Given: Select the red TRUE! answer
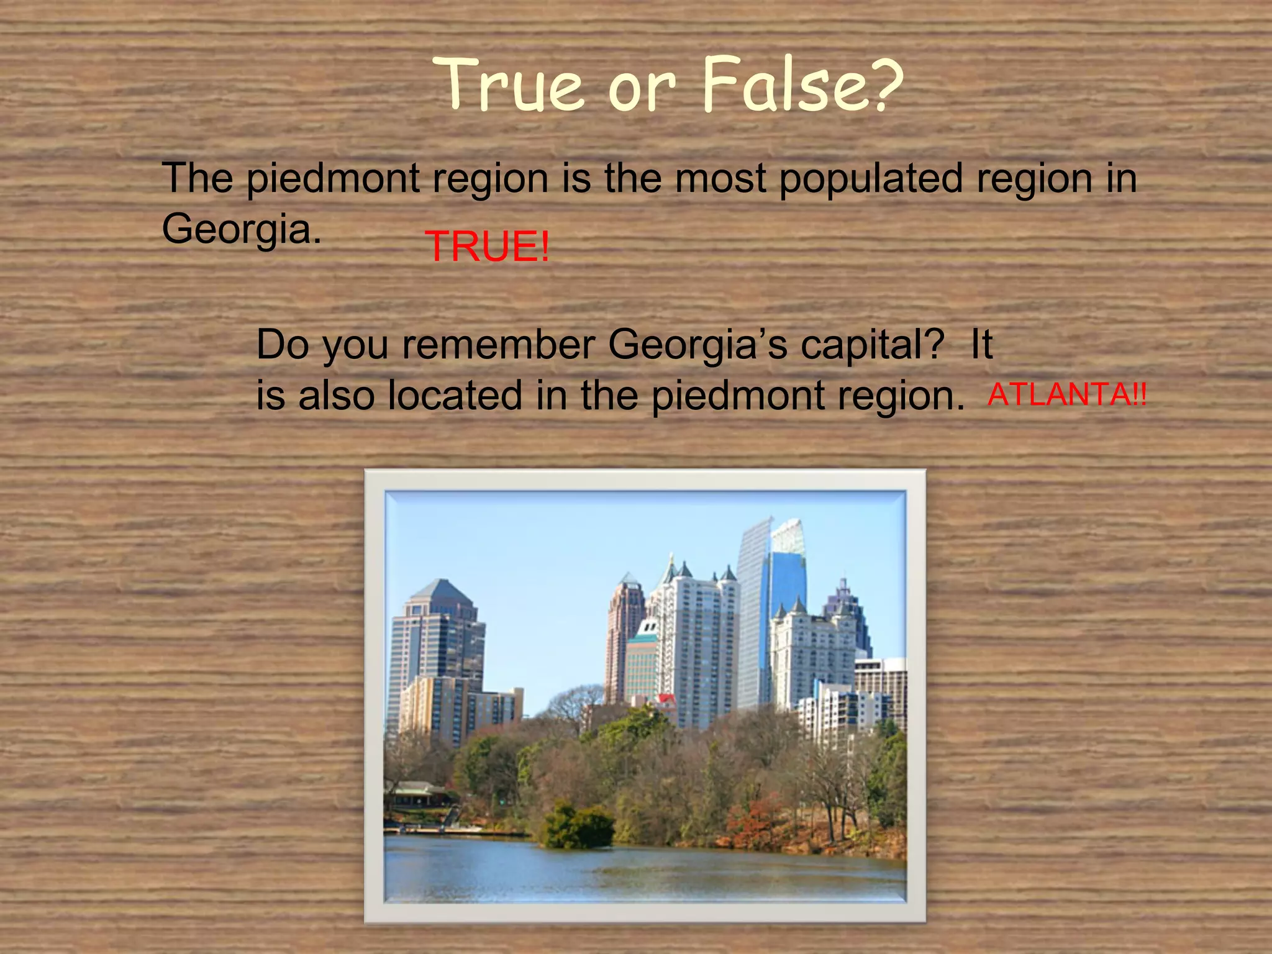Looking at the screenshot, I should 488,246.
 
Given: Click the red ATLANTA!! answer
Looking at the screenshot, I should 1067,394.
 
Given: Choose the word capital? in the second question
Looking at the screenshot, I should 872,344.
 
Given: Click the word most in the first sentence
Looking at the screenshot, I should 720,179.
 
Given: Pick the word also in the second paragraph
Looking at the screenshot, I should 336,396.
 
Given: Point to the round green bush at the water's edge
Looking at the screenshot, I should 577,826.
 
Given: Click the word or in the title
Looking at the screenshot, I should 640,87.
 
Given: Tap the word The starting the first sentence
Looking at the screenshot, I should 198,179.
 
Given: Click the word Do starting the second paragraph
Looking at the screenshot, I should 283,344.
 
